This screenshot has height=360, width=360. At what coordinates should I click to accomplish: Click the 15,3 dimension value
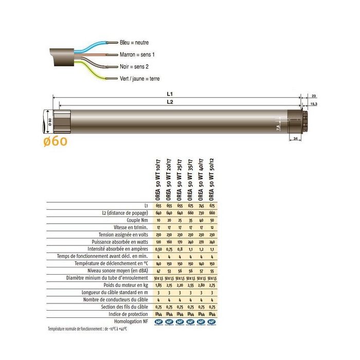(x=314, y=104)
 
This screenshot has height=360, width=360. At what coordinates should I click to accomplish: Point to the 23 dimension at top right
(x=314, y=96)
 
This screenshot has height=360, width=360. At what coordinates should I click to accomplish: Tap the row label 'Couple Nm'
(x=136, y=220)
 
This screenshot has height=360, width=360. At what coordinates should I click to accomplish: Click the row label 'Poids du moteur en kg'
(x=125, y=284)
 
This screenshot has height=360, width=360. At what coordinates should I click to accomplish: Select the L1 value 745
(x=202, y=205)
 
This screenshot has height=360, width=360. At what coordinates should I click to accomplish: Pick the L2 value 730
(x=202, y=212)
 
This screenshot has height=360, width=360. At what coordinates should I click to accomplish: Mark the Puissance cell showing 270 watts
(x=202, y=241)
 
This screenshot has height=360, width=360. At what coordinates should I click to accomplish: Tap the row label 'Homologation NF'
(x=129, y=320)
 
